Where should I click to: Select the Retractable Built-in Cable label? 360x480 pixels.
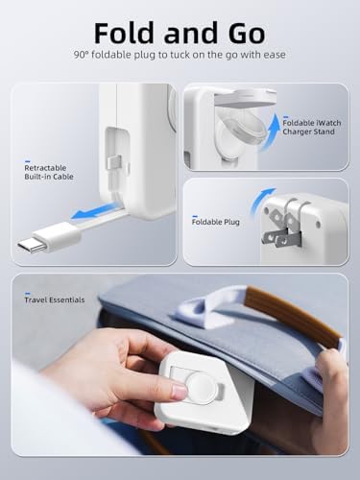point(48,174)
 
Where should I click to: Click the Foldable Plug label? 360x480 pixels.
point(215,222)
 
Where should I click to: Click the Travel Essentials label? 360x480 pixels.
point(54,300)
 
